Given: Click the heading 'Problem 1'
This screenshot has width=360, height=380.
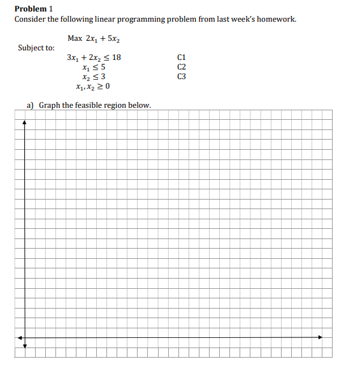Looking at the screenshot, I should click(x=32, y=8).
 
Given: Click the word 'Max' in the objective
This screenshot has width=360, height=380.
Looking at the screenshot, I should click(x=74, y=39).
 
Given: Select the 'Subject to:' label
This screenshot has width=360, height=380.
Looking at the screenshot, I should click(x=36, y=48).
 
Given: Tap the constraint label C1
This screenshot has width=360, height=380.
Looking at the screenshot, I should click(x=182, y=57).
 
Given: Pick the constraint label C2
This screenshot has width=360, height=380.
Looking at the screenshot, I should click(x=182, y=67).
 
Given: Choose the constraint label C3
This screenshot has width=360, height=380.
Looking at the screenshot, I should click(x=182, y=77).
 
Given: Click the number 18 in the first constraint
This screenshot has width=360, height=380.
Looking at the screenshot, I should click(x=116, y=57).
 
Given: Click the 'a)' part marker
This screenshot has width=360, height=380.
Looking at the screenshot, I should click(x=30, y=105).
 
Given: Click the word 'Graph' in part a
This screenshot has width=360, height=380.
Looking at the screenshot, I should click(x=50, y=105).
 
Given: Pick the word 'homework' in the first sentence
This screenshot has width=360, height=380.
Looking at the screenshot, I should click(x=275, y=19).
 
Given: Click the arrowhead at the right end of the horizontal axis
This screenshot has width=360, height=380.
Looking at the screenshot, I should click(x=320, y=337).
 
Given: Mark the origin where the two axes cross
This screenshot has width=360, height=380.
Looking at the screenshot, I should click(x=25, y=337).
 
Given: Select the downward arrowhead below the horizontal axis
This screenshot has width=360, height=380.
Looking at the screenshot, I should click(x=25, y=346).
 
